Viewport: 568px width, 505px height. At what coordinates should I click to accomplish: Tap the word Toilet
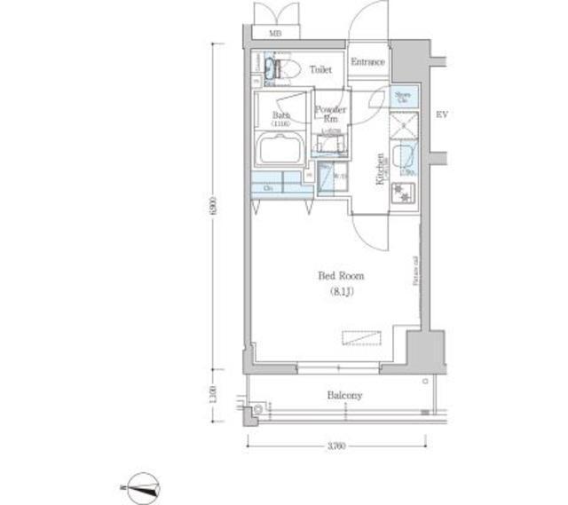(320, 67)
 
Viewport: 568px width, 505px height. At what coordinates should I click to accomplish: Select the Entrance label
(367, 62)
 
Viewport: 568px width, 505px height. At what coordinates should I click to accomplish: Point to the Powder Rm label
(330, 114)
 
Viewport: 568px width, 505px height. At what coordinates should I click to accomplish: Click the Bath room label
(280, 118)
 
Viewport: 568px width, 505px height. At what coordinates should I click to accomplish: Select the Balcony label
(343, 395)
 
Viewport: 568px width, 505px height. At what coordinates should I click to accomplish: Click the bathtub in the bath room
(280, 150)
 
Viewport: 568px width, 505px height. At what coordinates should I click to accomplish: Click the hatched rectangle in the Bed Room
(363, 338)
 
